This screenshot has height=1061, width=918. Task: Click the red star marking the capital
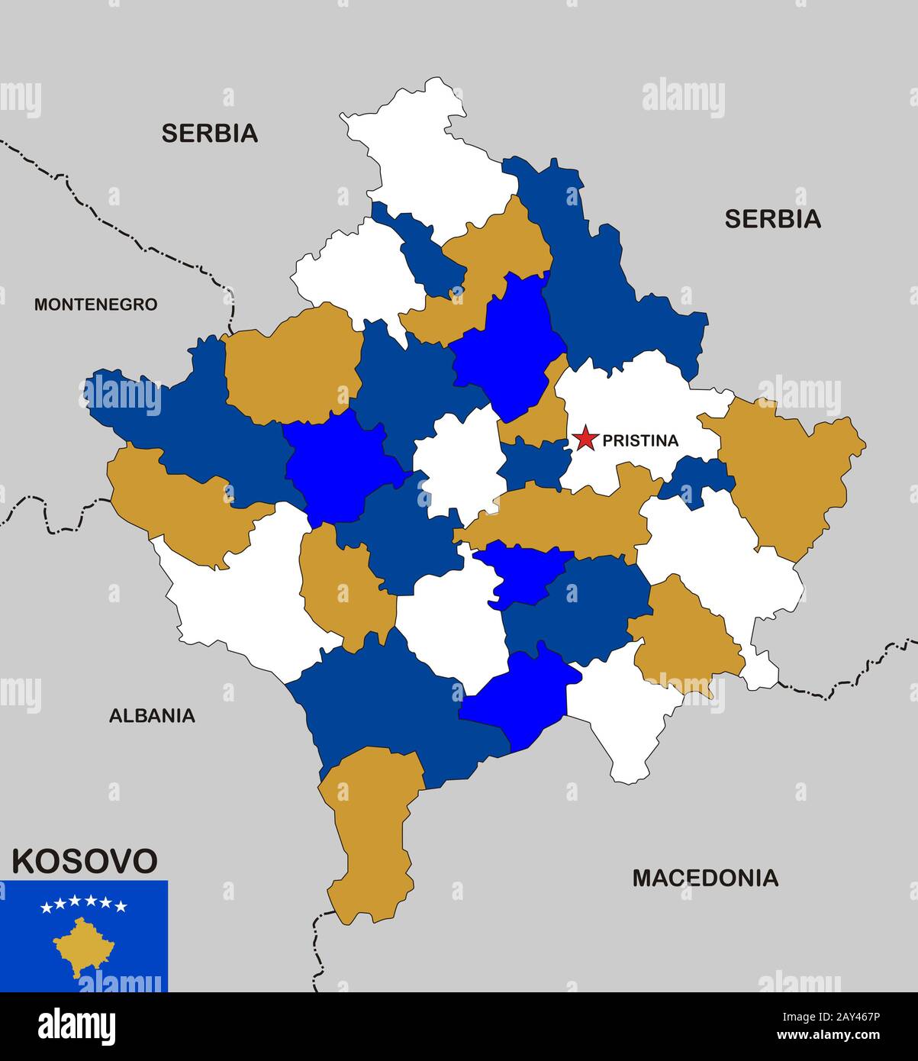pos(585,439)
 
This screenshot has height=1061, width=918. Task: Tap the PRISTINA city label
pos(639,440)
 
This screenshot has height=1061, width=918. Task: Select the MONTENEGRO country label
pos(95,305)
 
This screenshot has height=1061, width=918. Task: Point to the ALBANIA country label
pos(152,716)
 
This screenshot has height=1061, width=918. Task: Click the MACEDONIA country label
pos(705,878)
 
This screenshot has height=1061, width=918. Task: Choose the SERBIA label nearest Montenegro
pos(209,134)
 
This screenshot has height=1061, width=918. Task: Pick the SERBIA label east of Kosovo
pos(772,219)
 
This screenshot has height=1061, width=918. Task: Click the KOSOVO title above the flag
pos(84,861)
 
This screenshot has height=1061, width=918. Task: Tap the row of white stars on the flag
pos(84,905)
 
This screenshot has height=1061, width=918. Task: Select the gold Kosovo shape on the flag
pos(82,947)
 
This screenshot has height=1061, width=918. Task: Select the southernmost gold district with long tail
pos(370,832)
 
